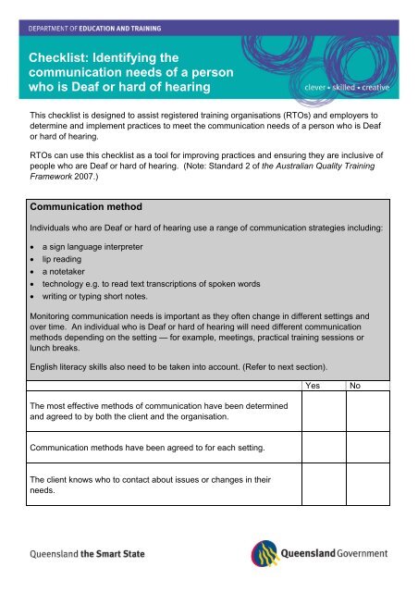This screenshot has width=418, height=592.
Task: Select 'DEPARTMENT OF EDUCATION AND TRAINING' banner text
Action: (98, 30)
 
